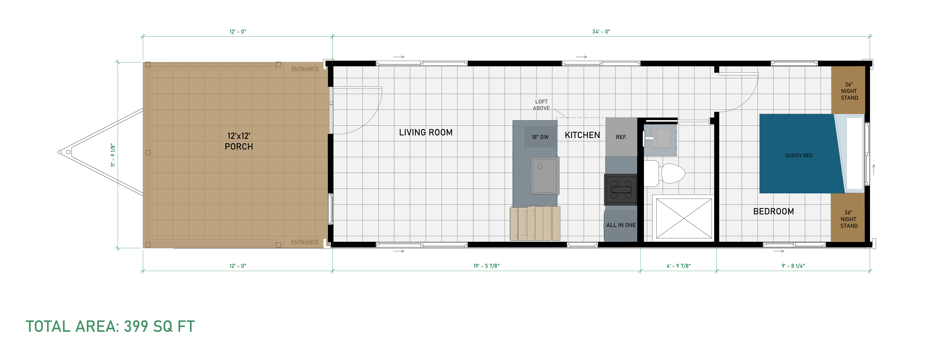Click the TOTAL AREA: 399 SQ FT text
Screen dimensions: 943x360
(110, 326)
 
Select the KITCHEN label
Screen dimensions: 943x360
(582, 135)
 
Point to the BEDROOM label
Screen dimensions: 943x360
(774, 211)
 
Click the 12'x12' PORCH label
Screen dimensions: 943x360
(239, 141)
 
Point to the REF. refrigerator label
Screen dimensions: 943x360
(622, 137)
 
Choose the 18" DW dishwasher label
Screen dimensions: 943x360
(540, 137)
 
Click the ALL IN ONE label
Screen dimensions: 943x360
(621, 225)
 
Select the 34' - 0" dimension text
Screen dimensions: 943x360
(601, 31)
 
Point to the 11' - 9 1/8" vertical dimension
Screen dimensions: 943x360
(113, 155)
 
